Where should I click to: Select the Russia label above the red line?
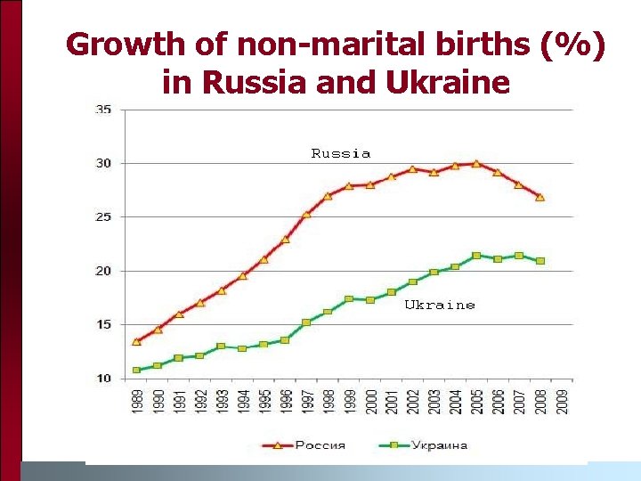tap(341, 153)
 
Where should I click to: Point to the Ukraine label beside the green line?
tap(440, 305)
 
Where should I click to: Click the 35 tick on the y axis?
tap(103, 110)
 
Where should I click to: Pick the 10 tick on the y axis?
tap(103, 379)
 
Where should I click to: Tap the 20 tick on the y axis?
tap(103, 271)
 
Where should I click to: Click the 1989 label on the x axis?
tap(137, 401)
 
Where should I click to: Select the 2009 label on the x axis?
tap(561, 401)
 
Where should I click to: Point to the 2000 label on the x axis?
tap(370, 401)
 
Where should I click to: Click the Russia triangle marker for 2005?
tap(476, 163)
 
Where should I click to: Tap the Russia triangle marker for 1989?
tap(136, 341)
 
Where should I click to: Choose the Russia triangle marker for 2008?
tap(540, 197)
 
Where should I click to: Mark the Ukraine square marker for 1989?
tap(136, 370)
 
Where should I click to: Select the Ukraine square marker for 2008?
tap(540, 261)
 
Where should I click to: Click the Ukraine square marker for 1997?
tap(306, 322)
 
